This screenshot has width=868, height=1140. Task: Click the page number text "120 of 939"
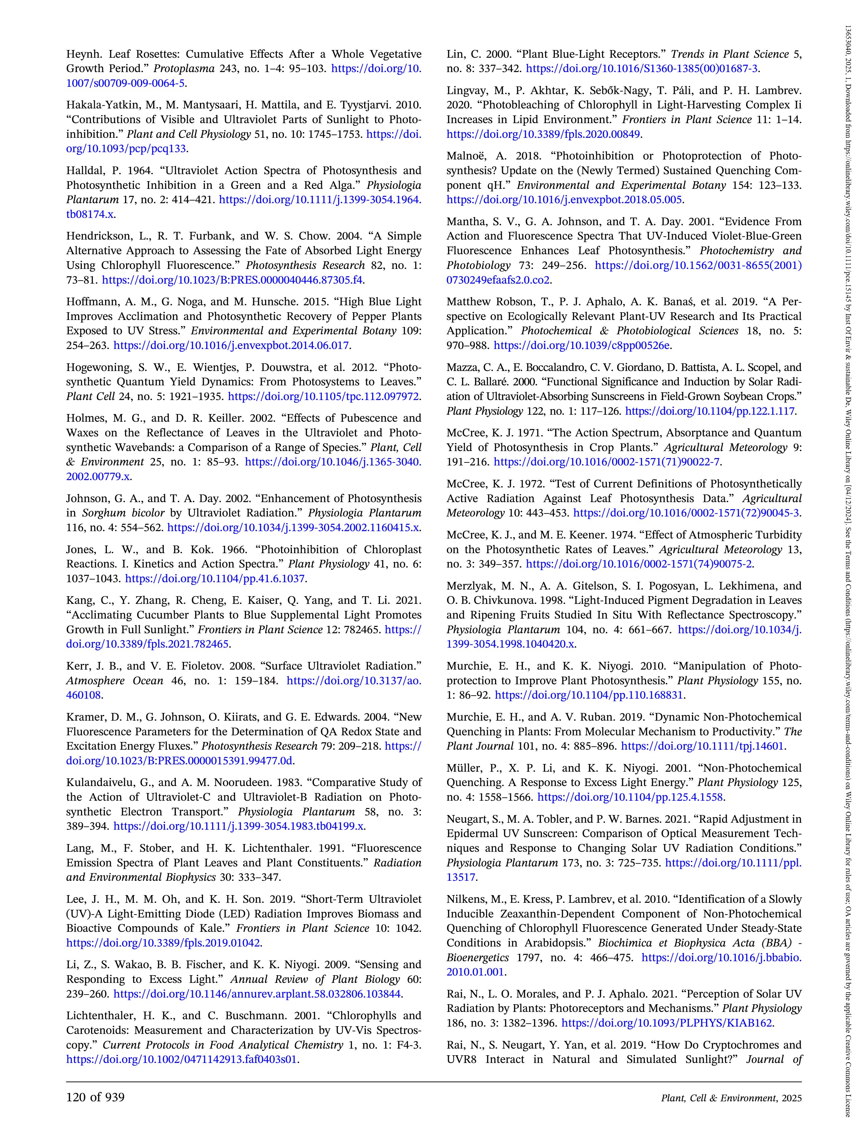click(95, 1097)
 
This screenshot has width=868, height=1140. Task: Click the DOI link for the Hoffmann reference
click(231, 345)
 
